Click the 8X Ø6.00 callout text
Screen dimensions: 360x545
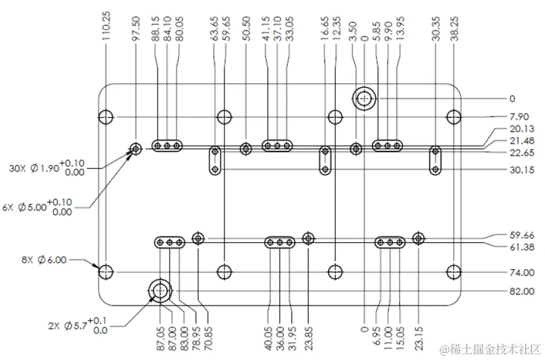43,260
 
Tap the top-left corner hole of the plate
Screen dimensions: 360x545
106,117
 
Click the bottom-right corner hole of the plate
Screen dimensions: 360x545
454,272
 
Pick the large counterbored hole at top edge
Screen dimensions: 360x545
365,99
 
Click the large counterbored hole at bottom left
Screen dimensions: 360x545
159,291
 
